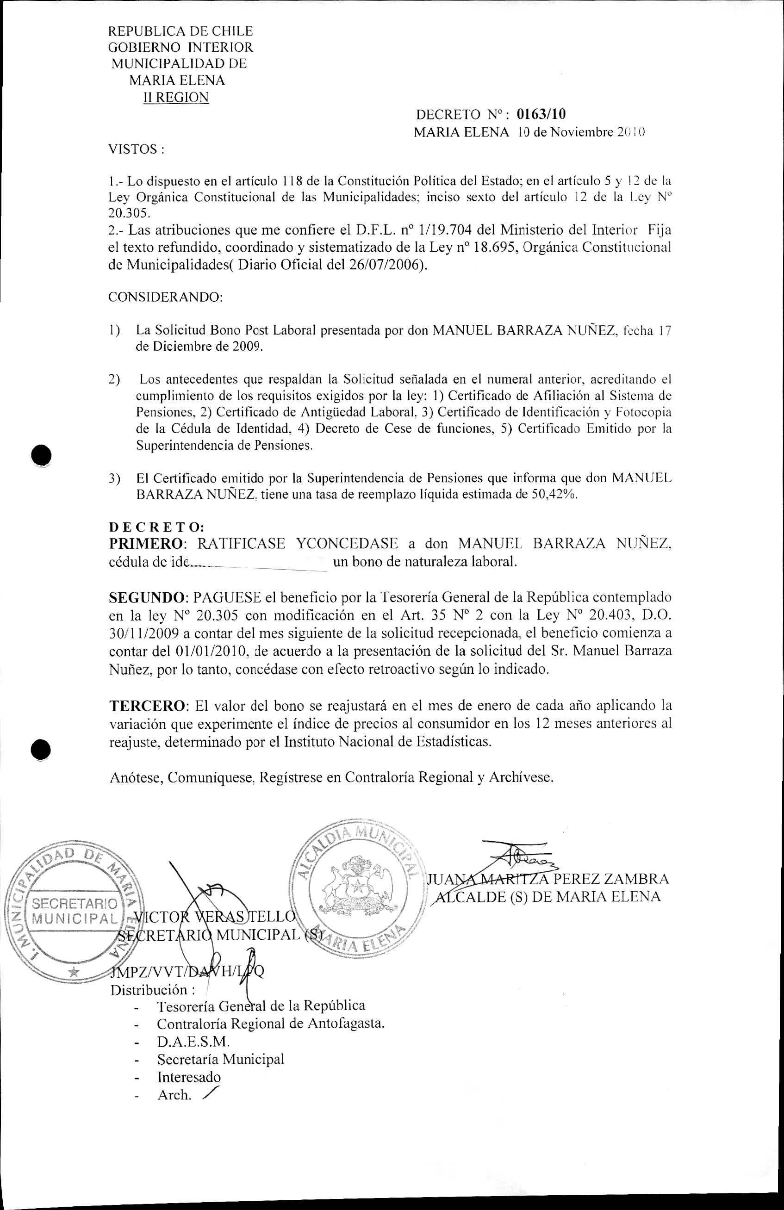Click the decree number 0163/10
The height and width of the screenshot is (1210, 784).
point(541,114)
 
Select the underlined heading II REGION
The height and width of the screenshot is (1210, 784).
point(176,98)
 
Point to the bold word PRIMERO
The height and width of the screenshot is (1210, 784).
point(146,544)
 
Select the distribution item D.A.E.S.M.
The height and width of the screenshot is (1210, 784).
point(193,1042)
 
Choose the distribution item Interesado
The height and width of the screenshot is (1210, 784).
point(189,1077)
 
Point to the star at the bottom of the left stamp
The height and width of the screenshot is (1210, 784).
point(74,972)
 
